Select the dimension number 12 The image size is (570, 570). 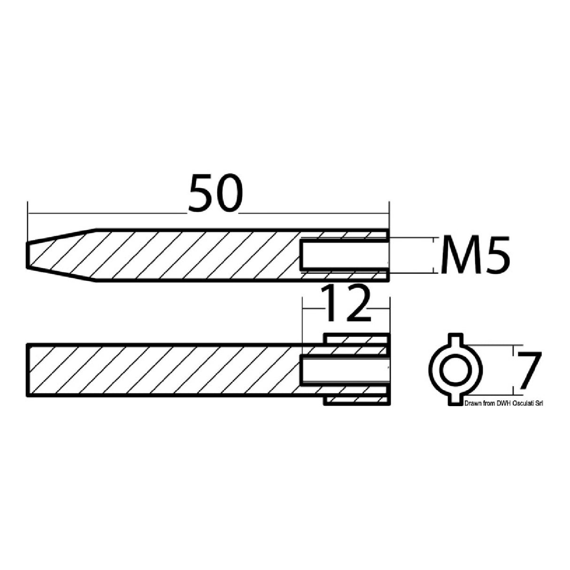pyautogui.click(x=346, y=305)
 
